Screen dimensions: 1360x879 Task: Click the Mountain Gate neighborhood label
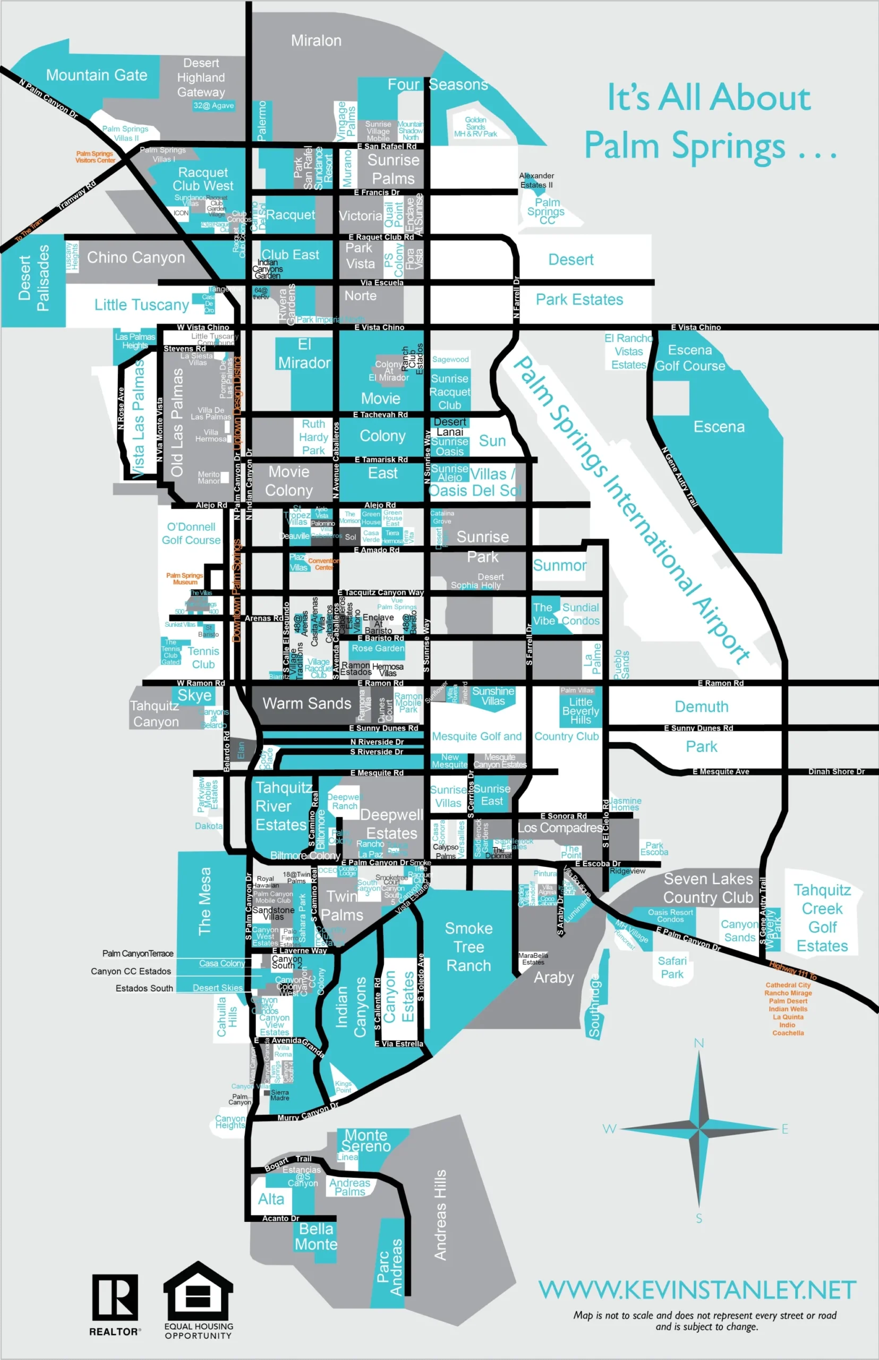tap(97, 75)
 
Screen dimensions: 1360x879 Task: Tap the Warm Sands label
tap(306, 703)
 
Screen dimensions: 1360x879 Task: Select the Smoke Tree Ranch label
tap(468, 947)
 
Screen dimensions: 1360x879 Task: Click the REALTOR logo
tap(115, 1297)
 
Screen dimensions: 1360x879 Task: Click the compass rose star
tap(699, 1129)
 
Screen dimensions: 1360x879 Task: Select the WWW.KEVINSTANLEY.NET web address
tap(697, 1290)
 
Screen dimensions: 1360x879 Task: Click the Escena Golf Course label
tap(690, 358)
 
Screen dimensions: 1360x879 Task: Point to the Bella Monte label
tap(316, 1236)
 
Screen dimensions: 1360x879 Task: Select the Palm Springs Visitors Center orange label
tap(95, 157)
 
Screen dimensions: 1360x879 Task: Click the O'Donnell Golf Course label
tap(191, 533)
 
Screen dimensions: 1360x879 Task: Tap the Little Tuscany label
tap(142, 305)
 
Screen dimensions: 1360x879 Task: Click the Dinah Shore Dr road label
tap(836, 771)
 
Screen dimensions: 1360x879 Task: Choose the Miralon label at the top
tap(316, 40)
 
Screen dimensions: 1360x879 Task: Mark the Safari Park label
tap(672, 967)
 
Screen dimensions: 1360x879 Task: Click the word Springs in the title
tap(728, 146)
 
